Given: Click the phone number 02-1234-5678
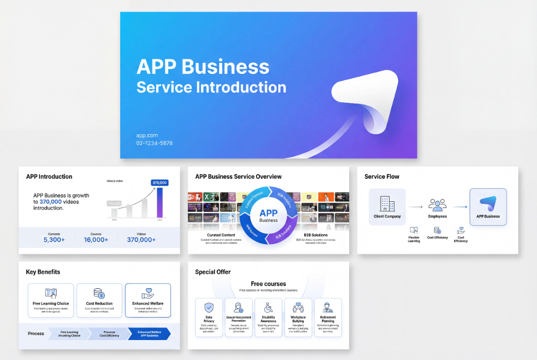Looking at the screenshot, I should (x=154, y=143).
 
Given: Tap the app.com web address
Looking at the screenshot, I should (x=147, y=136).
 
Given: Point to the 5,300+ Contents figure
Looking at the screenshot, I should (x=54, y=239).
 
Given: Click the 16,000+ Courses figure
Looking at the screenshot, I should (x=96, y=239).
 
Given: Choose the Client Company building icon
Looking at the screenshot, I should (x=387, y=203).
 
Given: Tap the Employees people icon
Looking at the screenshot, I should (x=437, y=204).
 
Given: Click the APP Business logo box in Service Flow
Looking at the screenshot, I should (x=488, y=206).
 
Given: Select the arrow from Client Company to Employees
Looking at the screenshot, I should (x=415, y=207).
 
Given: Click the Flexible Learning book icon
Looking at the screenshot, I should (x=414, y=230).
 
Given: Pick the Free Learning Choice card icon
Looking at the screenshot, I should (x=51, y=293).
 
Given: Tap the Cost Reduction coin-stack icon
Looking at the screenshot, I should (x=99, y=293).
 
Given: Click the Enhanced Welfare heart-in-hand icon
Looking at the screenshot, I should (x=148, y=293).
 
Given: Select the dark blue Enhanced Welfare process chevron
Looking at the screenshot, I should (x=149, y=334).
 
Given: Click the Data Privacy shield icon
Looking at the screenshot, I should (x=209, y=308).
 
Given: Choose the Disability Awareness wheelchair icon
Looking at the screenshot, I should (x=268, y=308).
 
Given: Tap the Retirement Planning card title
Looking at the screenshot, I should (x=328, y=319).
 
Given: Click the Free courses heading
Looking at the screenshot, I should (x=268, y=284).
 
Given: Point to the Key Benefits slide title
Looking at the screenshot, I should (x=43, y=272).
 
